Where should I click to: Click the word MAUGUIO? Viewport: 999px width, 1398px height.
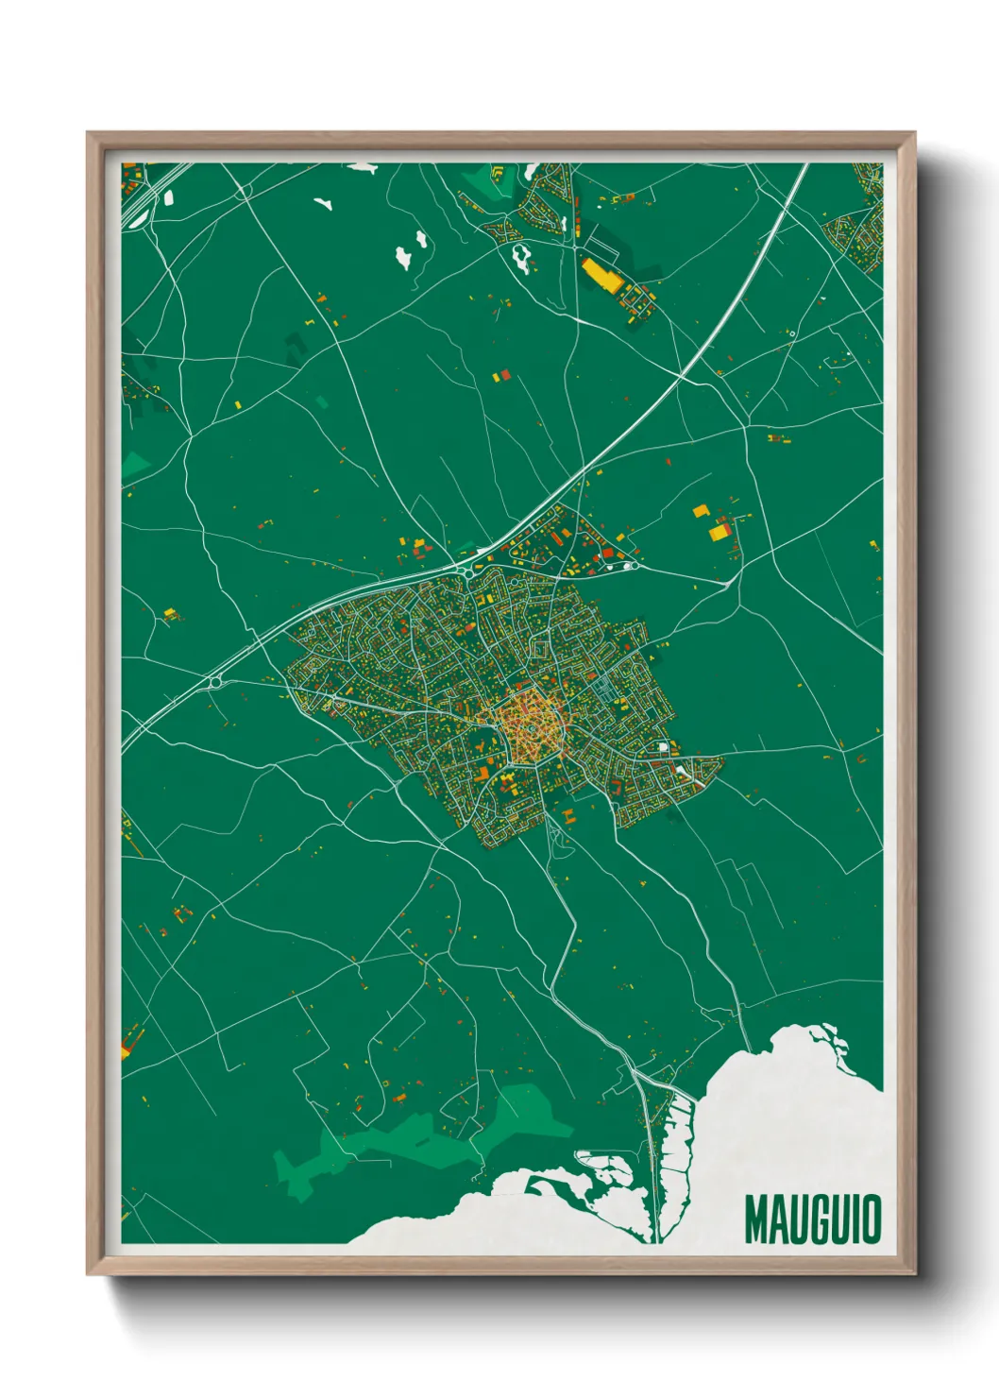812,1219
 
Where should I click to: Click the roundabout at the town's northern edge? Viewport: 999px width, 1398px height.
467,570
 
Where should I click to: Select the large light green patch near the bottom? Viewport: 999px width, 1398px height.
425,1138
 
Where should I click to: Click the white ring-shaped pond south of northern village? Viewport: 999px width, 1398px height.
520,255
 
